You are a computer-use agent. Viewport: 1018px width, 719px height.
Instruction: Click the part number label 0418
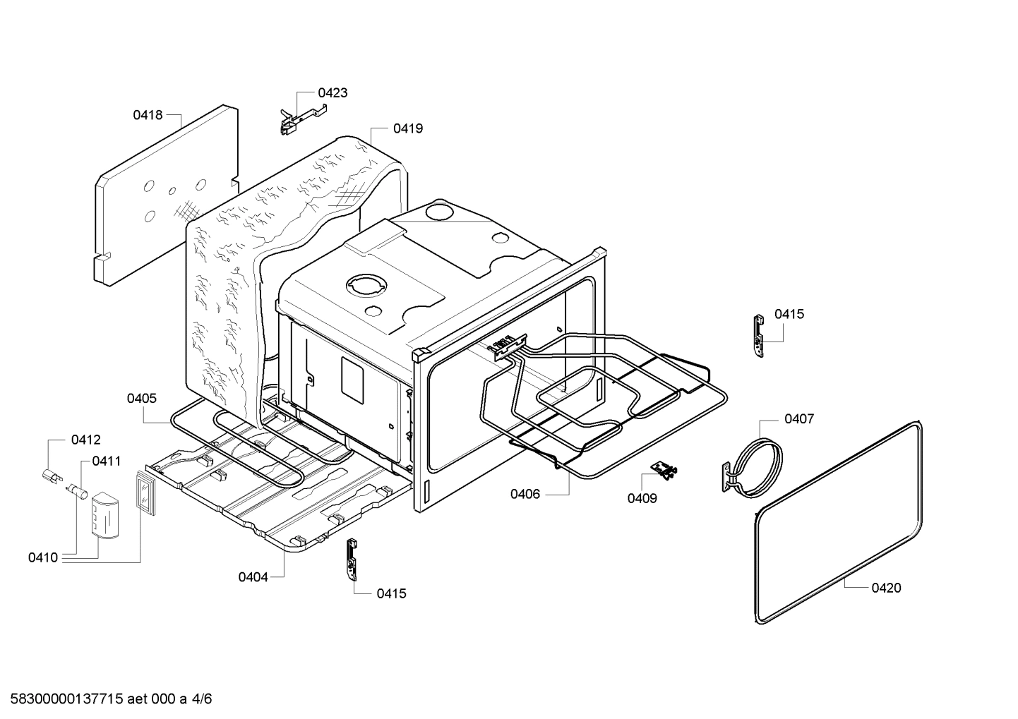coord(148,114)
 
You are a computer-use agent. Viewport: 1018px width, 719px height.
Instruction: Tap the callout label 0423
coord(333,92)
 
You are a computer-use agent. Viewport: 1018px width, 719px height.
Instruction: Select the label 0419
coord(408,128)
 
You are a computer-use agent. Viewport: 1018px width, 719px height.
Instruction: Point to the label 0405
coord(142,399)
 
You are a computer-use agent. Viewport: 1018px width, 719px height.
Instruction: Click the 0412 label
coord(85,440)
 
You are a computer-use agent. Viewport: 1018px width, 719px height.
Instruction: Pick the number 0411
coord(106,461)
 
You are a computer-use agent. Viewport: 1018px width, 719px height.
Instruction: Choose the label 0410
coord(43,557)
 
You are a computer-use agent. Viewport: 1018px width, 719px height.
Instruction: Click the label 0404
coord(253,577)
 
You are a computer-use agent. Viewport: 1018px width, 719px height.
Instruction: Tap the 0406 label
coord(525,494)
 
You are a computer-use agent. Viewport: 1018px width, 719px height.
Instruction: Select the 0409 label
coord(642,498)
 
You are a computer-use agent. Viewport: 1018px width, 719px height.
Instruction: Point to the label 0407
coord(799,419)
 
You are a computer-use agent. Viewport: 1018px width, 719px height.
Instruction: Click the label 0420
coord(886,588)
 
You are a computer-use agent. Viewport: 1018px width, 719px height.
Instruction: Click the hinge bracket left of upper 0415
coord(758,335)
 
